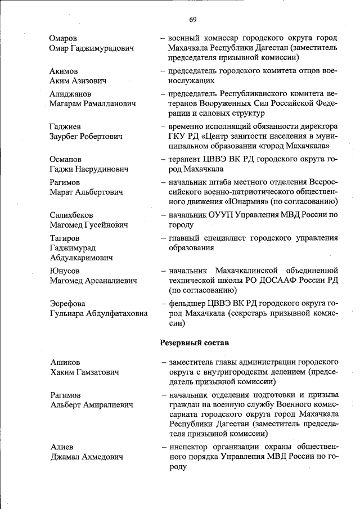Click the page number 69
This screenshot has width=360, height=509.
point(192,20)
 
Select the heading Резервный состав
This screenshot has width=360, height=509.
point(194,341)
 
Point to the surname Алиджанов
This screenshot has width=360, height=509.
point(70,94)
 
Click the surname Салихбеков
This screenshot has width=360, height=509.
point(71,215)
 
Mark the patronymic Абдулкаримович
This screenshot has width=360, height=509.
point(81,258)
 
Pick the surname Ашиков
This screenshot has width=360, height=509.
point(65,362)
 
